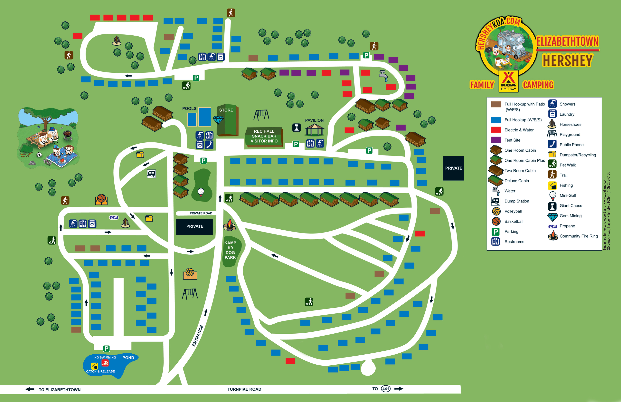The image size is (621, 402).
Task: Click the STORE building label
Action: (x=226, y=110)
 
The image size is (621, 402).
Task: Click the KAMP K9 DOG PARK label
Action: (x=230, y=250)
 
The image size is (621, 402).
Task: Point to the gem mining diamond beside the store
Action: (x=218, y=120)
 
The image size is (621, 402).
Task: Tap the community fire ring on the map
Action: (x=229, y=225)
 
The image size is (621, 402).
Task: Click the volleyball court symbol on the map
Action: (x=190, y=273)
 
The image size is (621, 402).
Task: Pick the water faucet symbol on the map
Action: (x=383, y=76)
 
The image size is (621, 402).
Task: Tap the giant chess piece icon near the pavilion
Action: (x=297, y=128)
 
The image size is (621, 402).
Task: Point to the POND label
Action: (x=128, y=358)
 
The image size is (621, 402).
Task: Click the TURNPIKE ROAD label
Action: (x=244, y=389)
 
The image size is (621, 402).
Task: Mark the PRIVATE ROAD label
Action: (x=201, y=213)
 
